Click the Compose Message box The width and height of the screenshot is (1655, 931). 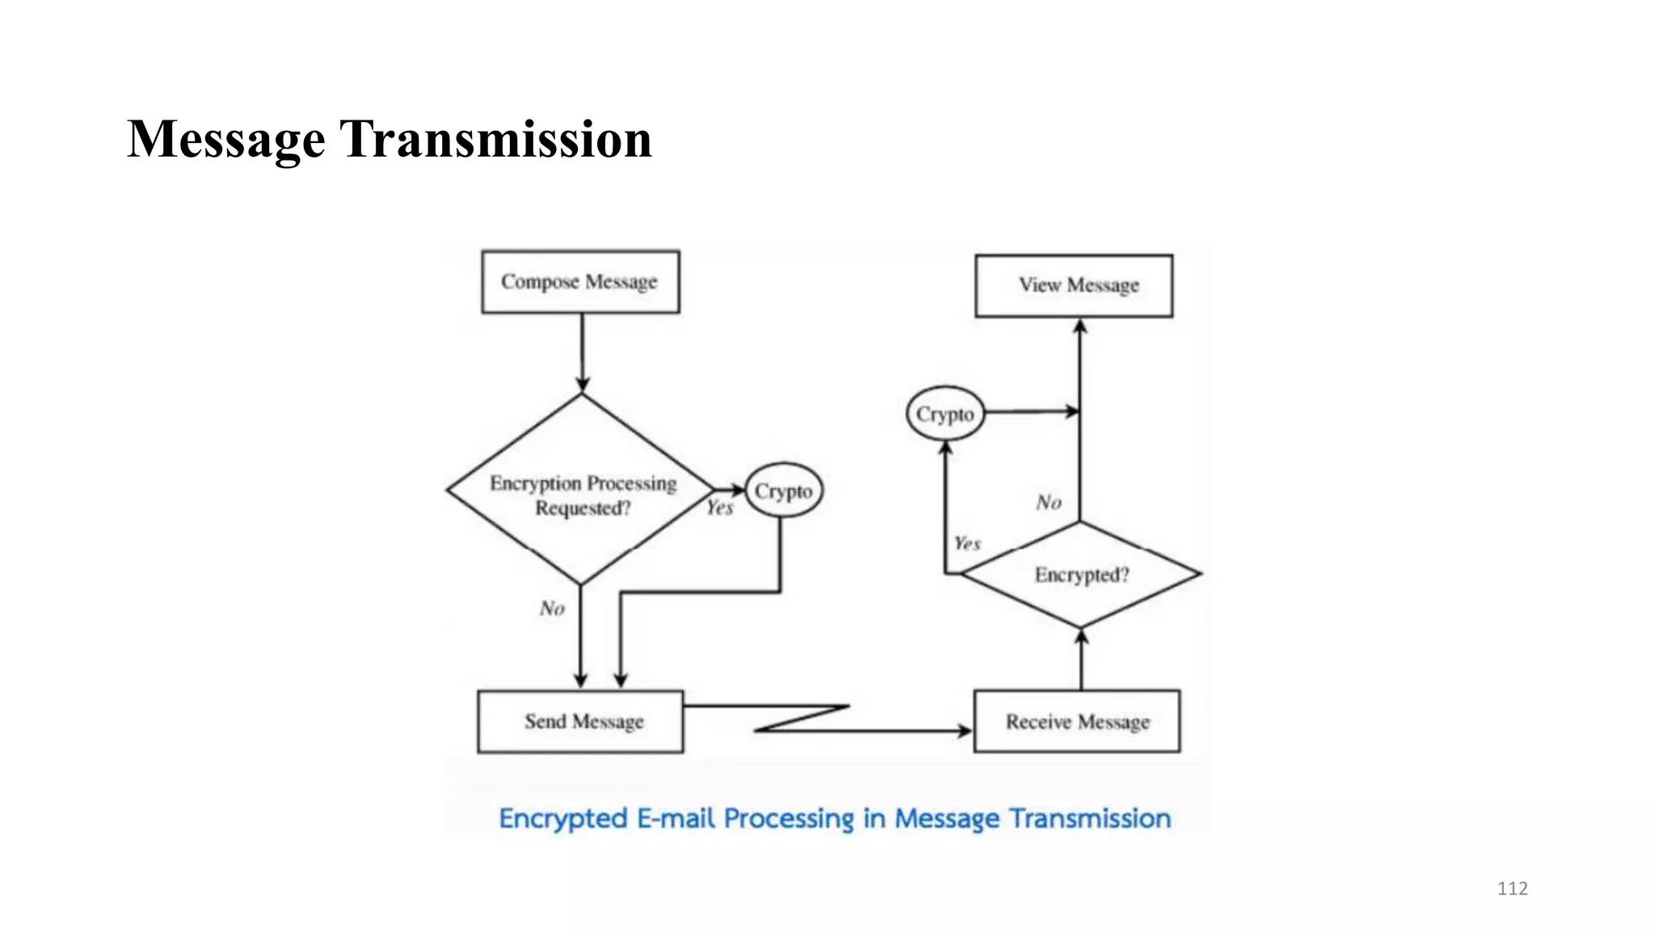click(580, 282)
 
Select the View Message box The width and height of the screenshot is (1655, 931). click(1074, 286)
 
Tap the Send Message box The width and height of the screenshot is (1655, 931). click(580, 722)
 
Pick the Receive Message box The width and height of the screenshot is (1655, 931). click(1076, 722)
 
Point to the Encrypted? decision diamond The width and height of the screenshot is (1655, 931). click(1080, 575)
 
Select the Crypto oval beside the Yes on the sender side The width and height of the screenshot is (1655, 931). click(783, 491)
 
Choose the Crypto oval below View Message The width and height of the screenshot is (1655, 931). click(945, 414)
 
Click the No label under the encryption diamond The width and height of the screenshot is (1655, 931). click(552, 609)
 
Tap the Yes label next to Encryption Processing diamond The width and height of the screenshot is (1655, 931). click(719, 508)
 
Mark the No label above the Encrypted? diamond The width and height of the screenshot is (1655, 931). click(1048, 503)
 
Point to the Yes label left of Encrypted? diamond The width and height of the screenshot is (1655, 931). click(966, 544)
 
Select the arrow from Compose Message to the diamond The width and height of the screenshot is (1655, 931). click(582, 352)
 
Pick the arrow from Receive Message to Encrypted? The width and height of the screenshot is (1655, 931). click(1082, 659)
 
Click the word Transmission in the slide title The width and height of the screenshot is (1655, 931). click(495, 139)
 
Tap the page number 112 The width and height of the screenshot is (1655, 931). click(1512, 889)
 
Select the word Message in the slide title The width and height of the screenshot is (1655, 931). click(226, 139)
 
